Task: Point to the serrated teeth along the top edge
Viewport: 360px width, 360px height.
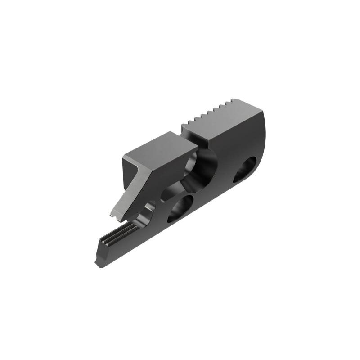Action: (211, 110)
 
